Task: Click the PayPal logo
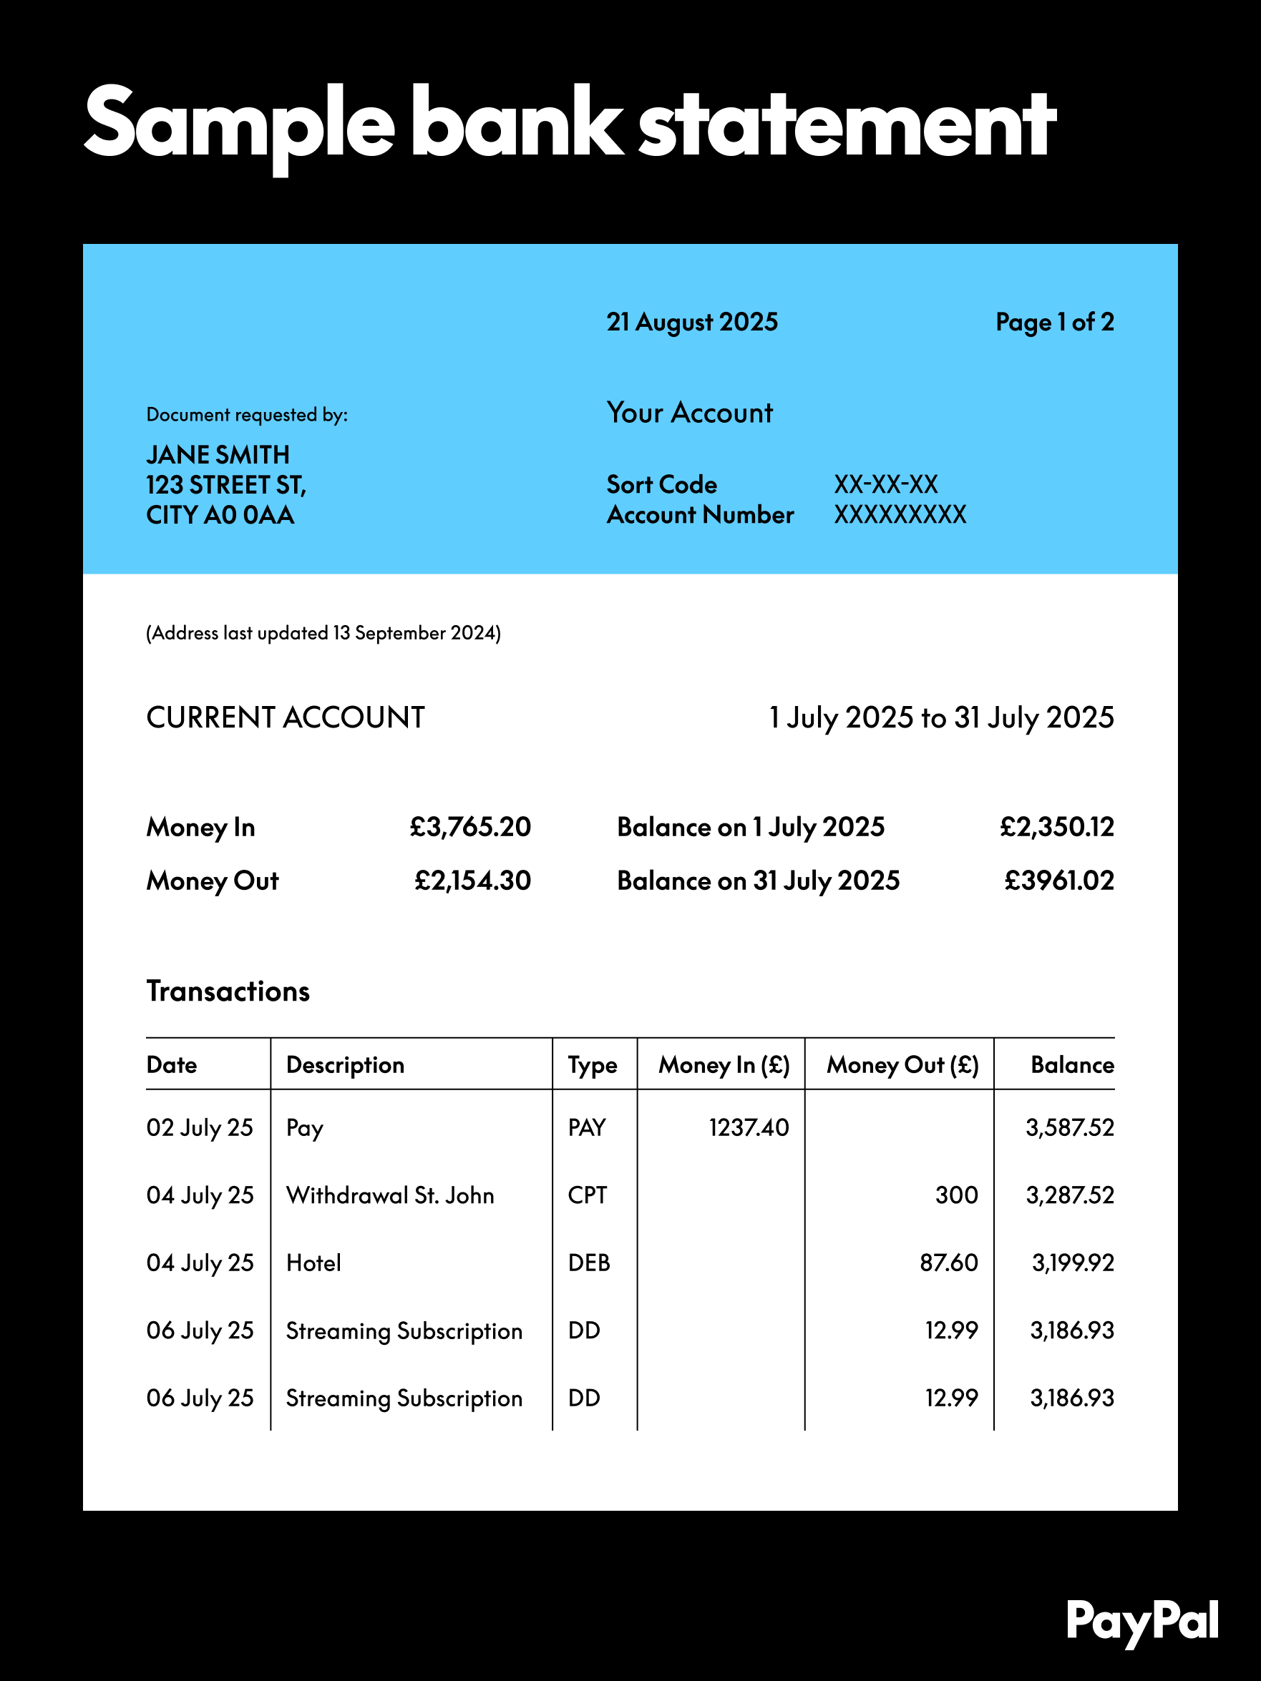click(x=1141, y=1622)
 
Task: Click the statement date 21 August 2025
click(x=691, y=322)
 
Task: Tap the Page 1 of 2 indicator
click(x=1054, y=322)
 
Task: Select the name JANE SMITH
click(x=218, y=454)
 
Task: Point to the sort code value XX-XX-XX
click(x=885, y=484)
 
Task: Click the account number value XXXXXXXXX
click(x=900, y=514)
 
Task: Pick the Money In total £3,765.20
click(x=469, y=827)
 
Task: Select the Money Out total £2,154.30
click(x=472, y=881)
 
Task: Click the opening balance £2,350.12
click(x=1056, y=827)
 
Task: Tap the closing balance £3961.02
click(x=1058, y=881)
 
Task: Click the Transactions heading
click(x=228, y=991)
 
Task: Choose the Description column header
click(x=345, y=1064)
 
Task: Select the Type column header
click(x=592, y=1064)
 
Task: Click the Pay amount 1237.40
click(x=749, y=1127)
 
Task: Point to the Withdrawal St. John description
click(x=390, y=1195)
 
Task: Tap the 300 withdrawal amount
click(x=956, y=1195)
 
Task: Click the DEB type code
click(x=589, y=1263)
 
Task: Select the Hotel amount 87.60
click(x=948, y=1263)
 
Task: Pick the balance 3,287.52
click(x=1069, y=1195)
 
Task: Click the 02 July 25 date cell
click(x=200, y=1128)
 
